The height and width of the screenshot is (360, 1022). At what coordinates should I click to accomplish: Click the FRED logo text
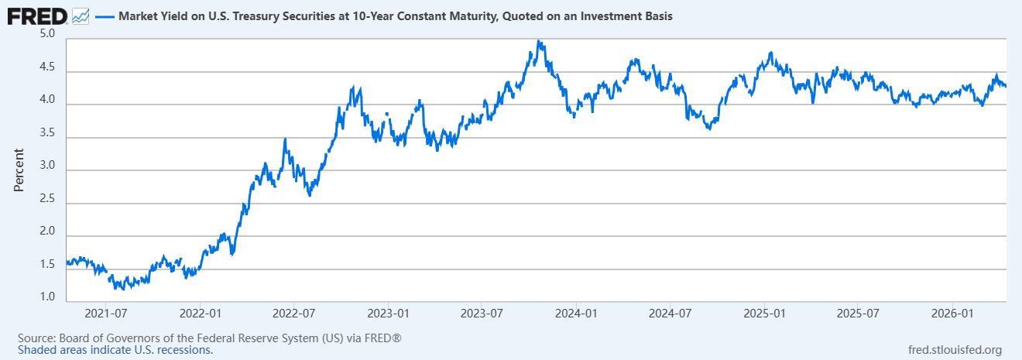point(36,15)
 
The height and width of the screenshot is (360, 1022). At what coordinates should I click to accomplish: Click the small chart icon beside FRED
point(80,15)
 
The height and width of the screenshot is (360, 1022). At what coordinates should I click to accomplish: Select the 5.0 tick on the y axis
point(46,34)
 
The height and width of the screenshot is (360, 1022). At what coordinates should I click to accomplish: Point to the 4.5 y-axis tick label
point(46,67)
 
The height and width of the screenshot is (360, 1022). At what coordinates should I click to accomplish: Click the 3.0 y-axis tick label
point(46,166)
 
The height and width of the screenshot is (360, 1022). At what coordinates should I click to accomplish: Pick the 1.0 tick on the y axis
point(46,297)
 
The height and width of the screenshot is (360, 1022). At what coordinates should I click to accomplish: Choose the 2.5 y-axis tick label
point(46,199)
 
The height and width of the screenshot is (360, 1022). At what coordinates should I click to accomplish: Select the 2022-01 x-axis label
point(200,314)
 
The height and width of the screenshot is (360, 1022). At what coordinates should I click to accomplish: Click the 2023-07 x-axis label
point(482,314)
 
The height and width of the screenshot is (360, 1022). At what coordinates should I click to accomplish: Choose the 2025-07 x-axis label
point(859,314)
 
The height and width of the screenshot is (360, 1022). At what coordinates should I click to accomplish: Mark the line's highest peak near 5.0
point(539,42)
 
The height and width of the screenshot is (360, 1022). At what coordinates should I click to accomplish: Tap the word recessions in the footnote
point(187,350)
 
